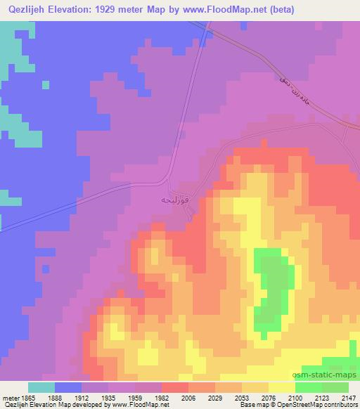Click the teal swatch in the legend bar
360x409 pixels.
pyautogui.click(x=41, y=387)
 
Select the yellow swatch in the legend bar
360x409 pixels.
pyautogui.click(x=281, y=387)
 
